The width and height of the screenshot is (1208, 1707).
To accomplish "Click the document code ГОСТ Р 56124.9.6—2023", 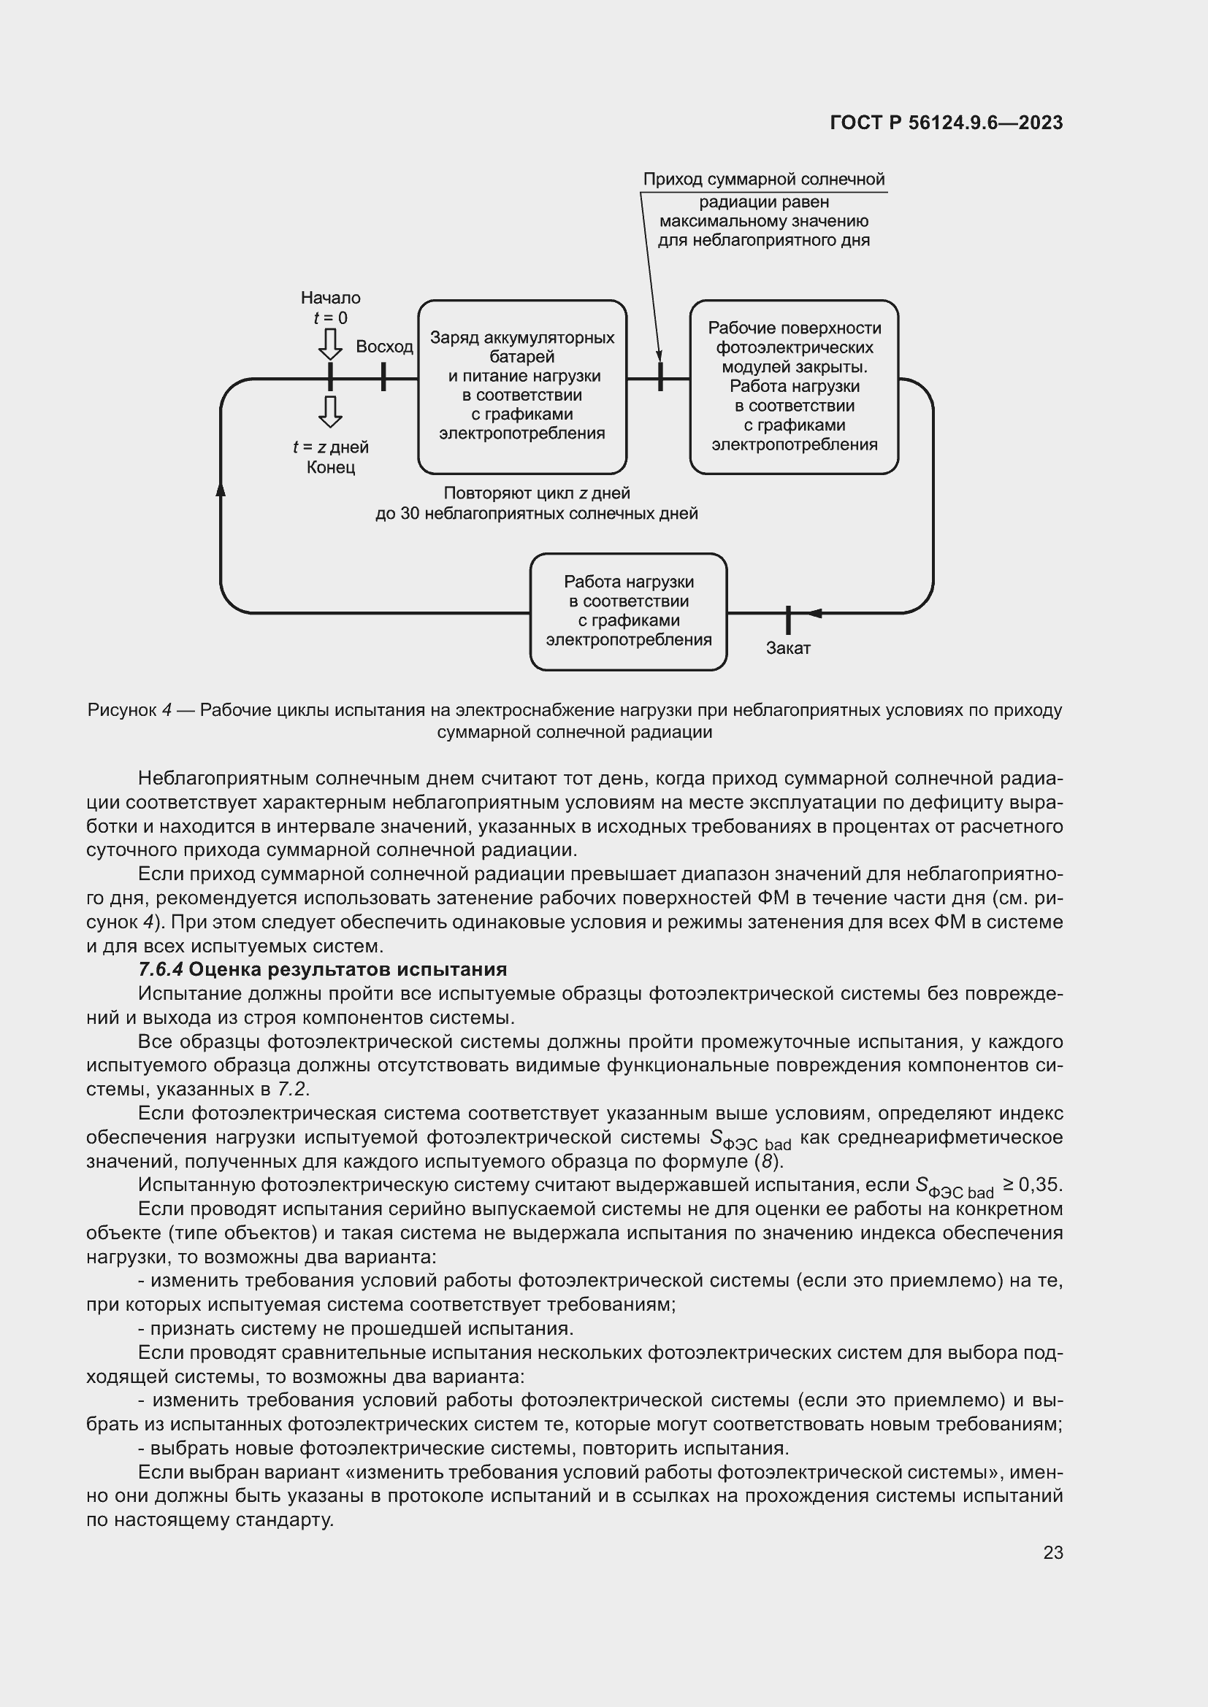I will (945, 123).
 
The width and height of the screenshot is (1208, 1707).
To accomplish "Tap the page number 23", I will (1052, 1552).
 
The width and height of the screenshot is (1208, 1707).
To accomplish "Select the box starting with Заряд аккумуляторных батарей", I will (521, 386).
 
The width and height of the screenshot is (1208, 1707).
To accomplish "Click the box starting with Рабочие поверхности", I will (794, 386).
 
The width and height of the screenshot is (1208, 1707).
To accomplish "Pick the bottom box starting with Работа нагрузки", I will (628, 611).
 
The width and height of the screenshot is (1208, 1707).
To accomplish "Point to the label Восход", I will (384, 347).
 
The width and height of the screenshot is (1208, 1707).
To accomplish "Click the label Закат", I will (788, 648).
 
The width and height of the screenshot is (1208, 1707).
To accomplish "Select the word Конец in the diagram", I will (330, 468).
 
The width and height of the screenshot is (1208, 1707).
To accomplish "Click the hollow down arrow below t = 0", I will (330, 344).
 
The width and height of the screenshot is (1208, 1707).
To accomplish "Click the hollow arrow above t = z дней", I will (330, 411).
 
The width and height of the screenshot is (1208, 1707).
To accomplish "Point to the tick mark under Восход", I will (383, 377).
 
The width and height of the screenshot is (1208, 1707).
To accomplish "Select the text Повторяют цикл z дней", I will (536, 493).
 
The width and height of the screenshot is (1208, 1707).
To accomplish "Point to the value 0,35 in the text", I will (1043, 1184).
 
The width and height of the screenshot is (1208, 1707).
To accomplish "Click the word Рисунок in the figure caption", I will (120, 710).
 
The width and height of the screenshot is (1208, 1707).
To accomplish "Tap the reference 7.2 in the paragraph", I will (292, 1089).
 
